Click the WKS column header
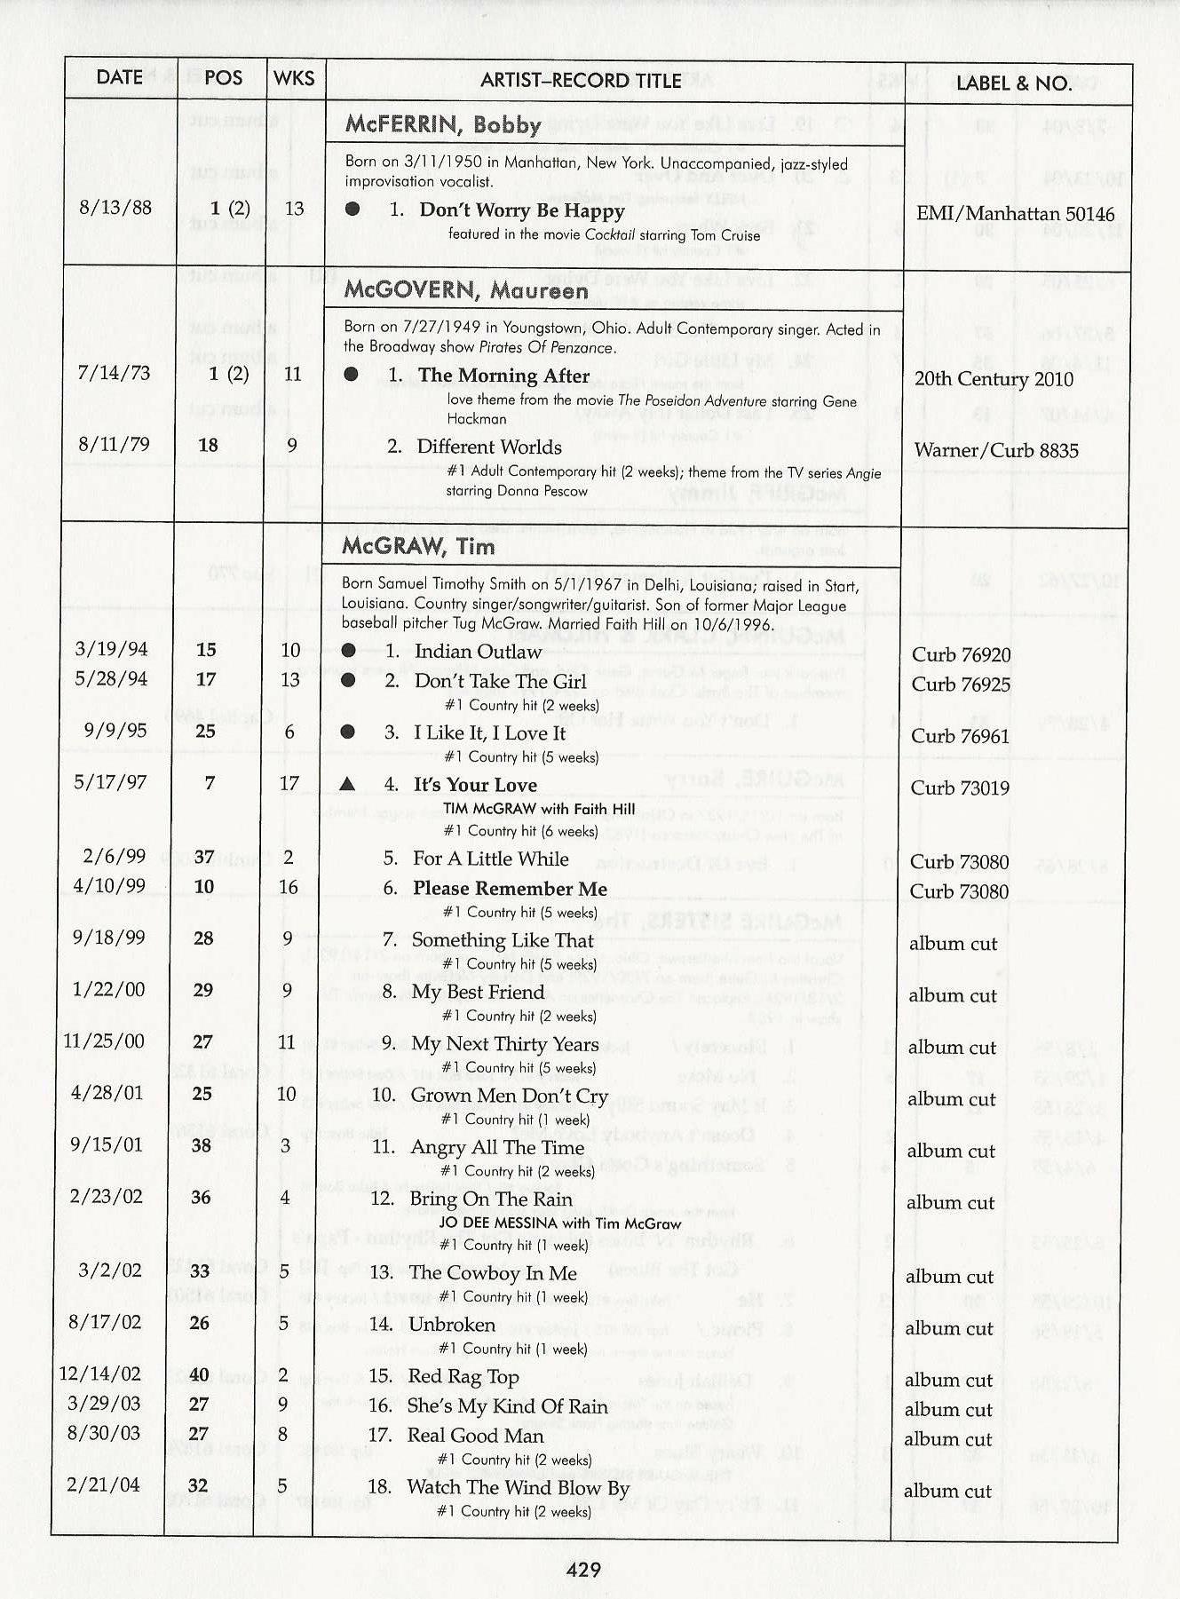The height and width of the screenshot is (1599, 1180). click(x=294, y=78)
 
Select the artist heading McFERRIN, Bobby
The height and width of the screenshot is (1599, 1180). click(x=443, y=124)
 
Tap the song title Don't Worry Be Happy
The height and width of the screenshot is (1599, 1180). click(x=521, y=210)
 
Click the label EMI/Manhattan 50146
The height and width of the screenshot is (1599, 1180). click(x=1015, y=214)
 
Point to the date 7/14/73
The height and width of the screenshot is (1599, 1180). click(x=114, y=372)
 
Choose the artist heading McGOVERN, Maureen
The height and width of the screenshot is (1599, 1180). click(x=466, y=290)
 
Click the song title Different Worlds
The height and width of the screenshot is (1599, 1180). click(x=489, y=447)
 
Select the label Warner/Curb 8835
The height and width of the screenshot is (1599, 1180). click(x=996, y=450)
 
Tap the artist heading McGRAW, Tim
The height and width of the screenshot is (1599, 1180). click(x=418, y=546)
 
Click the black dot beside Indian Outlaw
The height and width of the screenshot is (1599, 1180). click(x=349, y=651)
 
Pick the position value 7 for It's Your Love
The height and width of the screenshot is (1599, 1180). click(x=210, y=783)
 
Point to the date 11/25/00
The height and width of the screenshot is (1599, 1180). click(x=104, y=1041)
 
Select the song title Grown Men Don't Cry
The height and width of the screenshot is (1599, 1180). click(x=509, y=1096)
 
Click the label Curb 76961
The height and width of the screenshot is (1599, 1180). click(x=961, y=736)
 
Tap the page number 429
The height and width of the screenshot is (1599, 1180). click(x=583, y=1569)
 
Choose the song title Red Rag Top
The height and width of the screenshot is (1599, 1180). click(x=463, y=1377)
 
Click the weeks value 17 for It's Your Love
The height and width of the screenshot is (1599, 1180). click(x=289, y=783)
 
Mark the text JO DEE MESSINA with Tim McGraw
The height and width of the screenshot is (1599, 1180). click(x=560, y=1223)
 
